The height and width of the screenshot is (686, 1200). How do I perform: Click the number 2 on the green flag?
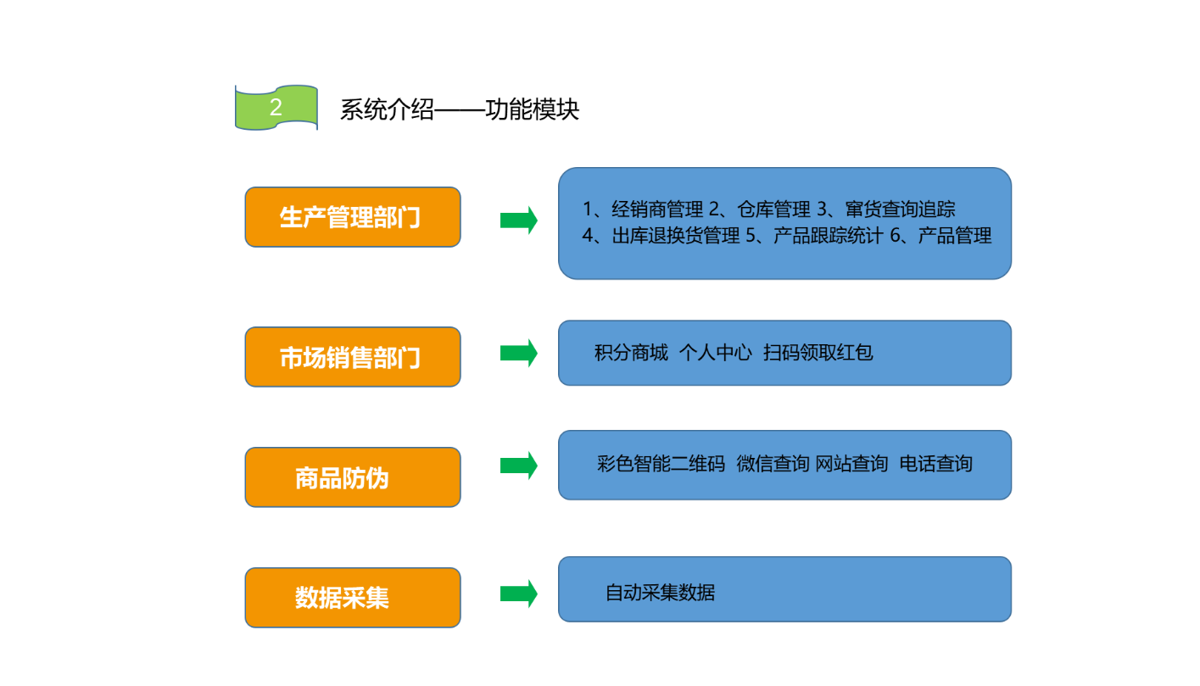click(276, 107)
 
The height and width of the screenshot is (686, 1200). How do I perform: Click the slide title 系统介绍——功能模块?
click(460, 109)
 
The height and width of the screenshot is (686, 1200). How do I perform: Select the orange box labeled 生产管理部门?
click(353, 217)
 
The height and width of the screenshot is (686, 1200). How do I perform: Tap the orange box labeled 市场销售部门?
click(353, 357)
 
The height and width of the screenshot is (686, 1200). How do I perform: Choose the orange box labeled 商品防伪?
click(353, 477)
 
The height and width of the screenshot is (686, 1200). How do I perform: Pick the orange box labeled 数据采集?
click(353, 598)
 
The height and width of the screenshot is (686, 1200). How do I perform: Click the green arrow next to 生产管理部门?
click(518, 220)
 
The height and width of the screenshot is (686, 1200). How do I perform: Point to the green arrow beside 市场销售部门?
click(518, 353)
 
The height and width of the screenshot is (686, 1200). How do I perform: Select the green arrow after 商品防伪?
click(518, 466)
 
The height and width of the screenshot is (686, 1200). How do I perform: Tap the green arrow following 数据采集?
click(518, 594)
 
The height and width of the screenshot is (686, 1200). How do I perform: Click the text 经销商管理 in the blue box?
click(657, 209)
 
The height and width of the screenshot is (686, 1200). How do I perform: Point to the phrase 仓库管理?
click(773, 209)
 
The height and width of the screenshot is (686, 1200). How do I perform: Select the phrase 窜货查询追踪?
click(900, 209)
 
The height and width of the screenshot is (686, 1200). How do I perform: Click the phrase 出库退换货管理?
click(676, 236)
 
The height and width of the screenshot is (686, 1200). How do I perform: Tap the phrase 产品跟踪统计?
click(829, 236)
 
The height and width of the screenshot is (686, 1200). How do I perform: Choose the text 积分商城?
click(631, 353)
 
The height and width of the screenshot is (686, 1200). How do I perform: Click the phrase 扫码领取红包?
click(818, 353)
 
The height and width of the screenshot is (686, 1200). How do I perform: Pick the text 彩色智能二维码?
click(661, 464)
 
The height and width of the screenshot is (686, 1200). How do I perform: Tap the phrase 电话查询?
click(935, 464)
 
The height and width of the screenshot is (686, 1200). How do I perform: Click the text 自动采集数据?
click(660, 593)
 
